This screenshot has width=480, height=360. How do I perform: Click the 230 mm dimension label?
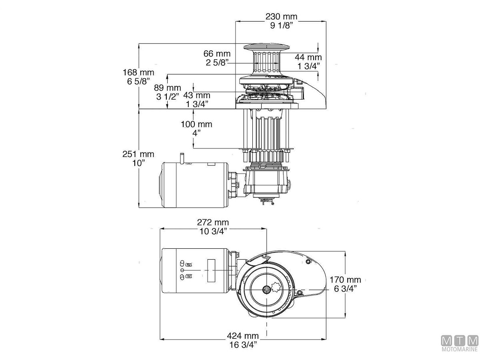point(281,17)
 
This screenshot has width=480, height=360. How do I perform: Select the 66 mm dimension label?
point(217,54)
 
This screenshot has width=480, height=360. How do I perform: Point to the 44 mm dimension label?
point(309,58)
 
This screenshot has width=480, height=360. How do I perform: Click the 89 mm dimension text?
point(168,88)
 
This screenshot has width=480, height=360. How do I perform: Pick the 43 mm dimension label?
point(196,95)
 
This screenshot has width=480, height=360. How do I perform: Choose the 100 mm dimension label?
point(196,124)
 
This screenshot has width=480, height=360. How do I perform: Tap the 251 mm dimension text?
point(138,154)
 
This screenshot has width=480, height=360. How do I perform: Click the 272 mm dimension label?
point(213,222)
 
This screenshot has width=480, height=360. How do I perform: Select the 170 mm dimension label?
point(345,280)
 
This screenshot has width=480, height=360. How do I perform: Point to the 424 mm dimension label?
point(242,336)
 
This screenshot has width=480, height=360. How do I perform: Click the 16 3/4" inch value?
point(242,344)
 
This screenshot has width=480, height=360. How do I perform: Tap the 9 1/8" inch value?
point(281,26)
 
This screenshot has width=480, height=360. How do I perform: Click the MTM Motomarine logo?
point(460,344)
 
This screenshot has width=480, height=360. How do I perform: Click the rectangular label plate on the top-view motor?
point(211,271)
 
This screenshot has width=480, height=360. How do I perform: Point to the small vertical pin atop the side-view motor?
point(182,157)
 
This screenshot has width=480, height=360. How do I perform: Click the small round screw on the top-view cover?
point(308,262)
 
